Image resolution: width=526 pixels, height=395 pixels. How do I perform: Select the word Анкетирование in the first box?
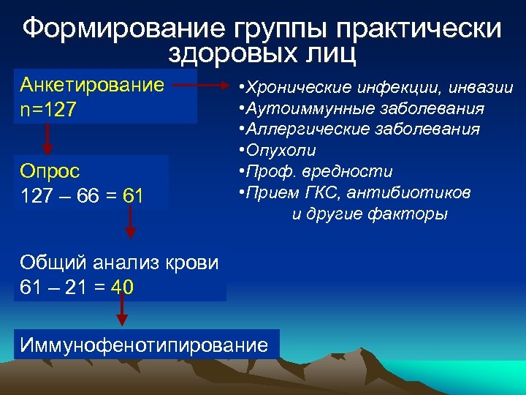(92, 84)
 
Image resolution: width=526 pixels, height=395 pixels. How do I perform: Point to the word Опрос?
(50, 171)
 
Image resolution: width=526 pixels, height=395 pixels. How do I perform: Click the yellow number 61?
(133, 196)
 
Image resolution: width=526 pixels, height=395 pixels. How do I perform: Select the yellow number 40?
(122, 287)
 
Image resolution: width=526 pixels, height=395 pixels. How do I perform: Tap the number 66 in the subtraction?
(83, 196)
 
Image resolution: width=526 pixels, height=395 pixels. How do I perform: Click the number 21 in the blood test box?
(72, 287)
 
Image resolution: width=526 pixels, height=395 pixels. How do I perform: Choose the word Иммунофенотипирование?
(144, 345)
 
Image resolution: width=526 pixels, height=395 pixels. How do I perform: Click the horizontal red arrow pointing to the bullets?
(204, 86)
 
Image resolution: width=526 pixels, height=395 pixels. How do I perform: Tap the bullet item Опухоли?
(282, 151)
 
